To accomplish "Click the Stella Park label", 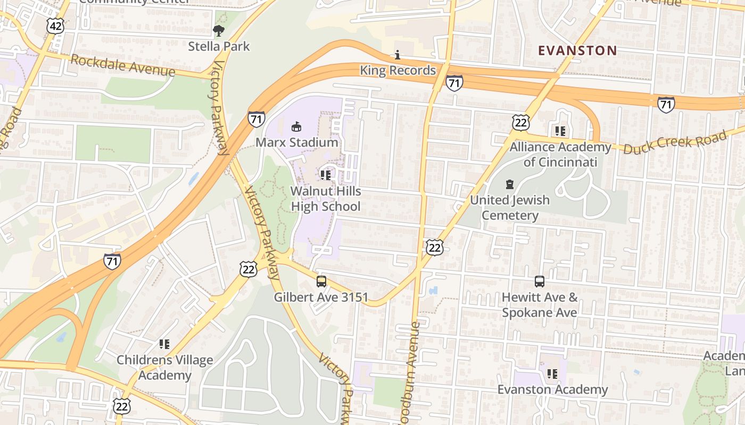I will (x=219, y=46).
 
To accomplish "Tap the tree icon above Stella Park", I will (x=218, y=31).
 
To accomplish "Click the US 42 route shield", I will (x=55, y=25).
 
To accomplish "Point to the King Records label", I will (x=398, y=70).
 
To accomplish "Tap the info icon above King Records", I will (x=397, y=55).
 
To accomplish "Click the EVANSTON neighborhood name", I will (x=577, y=50).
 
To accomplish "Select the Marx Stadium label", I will (x=296, y=142).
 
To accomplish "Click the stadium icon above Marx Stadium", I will (x=296, y=126).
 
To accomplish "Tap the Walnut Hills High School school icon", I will (x=326, y=175).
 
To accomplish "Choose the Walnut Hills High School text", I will (x=326, y=199).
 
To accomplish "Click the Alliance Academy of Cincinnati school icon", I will (x=560, y=131).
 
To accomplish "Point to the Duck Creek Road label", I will (x=675, y=142).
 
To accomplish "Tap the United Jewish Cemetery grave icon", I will (x=509, y=184).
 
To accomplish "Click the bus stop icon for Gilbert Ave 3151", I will (x=321, y=282).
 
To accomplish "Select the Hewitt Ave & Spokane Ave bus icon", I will (x=540, y=282).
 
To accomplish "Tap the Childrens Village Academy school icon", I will (x=164, y=344).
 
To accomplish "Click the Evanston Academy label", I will (x=552, y=389).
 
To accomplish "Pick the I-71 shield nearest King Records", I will (x=454, y=83).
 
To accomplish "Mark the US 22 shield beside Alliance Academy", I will (x=521, y=122).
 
